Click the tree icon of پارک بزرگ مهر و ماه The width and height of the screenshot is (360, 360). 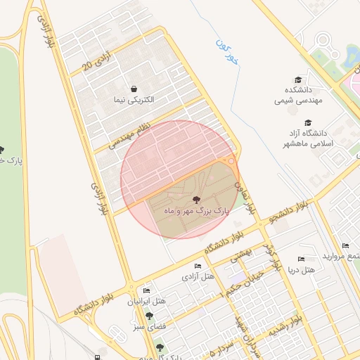pos(195,200)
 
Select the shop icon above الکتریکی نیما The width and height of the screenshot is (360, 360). pos(134,89)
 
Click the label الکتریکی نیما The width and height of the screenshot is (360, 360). pos(134,100)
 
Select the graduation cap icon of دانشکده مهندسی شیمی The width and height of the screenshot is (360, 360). pos(298,79)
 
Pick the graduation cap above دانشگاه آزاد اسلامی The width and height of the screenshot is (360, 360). pos(307,122)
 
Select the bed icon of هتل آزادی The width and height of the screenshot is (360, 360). pos(198,266)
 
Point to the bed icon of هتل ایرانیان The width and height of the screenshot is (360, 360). pos(146,290)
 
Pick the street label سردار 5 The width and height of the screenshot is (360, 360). pos(221,346)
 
